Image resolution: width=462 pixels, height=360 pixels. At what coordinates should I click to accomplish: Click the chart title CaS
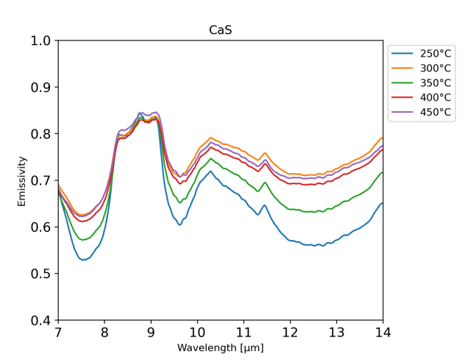click(221, 31)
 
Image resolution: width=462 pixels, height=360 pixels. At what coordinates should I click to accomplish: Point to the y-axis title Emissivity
click(21, 180)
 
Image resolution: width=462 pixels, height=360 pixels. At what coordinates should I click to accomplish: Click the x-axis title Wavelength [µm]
click(220, 347)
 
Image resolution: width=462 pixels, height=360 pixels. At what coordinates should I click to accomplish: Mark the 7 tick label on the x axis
click(57, 332)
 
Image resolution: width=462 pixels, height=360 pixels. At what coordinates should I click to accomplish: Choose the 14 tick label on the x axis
click(383, 332)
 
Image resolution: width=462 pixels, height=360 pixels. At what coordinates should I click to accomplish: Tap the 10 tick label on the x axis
click(196, 332)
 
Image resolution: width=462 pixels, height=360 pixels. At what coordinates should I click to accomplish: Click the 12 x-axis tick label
click(290, 332)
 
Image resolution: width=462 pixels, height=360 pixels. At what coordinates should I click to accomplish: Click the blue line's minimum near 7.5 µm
click(84, 260)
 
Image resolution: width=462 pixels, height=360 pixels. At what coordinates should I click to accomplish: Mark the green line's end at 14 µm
click(383, 172)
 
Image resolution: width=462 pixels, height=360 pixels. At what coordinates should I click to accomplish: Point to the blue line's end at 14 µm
click(383, 203)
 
